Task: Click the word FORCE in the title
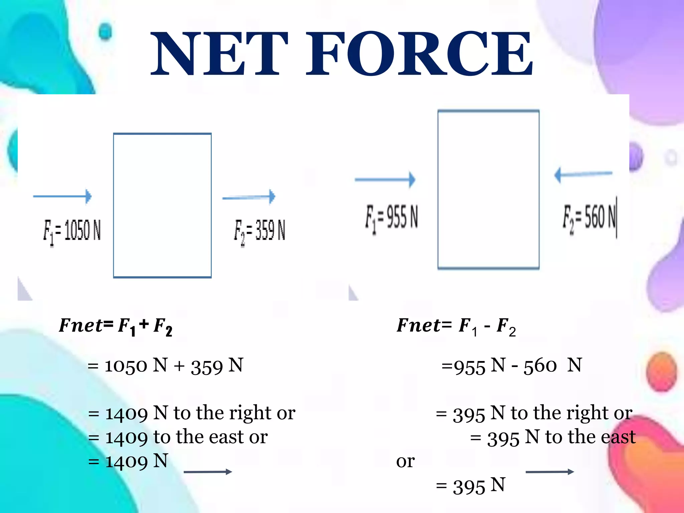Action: click(419, 53)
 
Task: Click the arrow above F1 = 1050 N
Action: click(62, 196)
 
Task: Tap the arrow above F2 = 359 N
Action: click(249, 197)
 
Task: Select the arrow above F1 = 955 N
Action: click(385, 180)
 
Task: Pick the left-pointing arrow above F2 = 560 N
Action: click(583, 174)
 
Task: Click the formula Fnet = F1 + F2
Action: click(116, 326)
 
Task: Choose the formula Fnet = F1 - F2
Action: click(456, 326)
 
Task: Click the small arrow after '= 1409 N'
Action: click(208, 472)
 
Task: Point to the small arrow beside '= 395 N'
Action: click(550, 472)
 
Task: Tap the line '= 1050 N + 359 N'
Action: click(165, 365)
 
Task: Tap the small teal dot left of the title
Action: click(106, 32)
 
